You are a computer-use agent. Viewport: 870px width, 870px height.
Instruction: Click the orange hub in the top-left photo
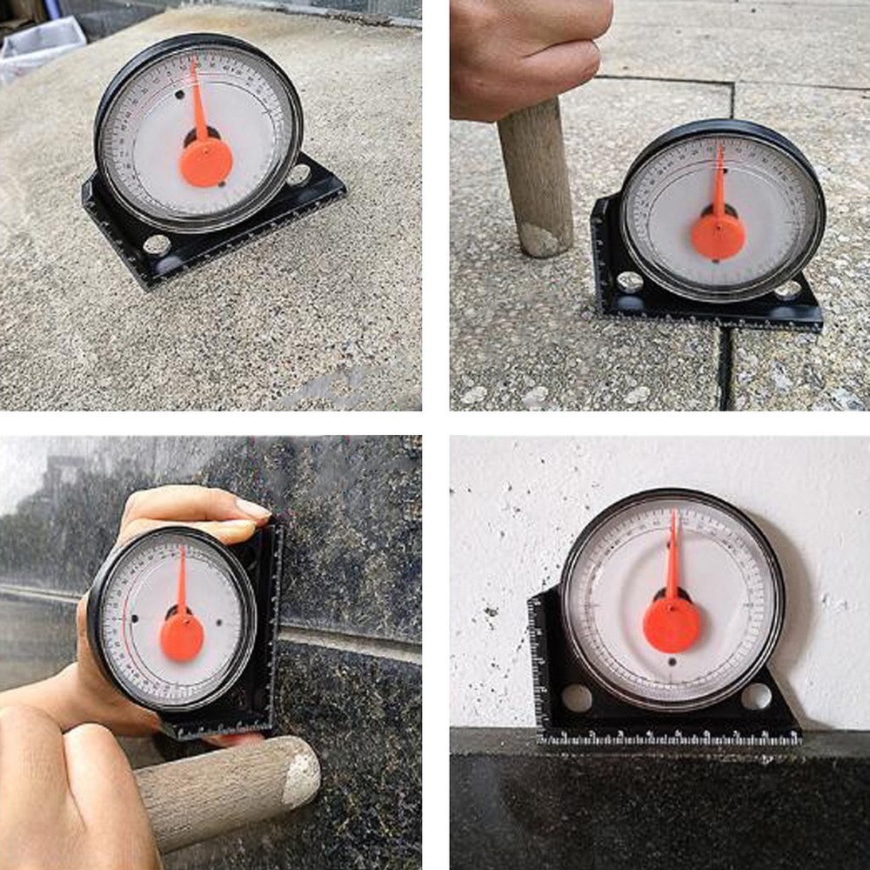pos(206,162)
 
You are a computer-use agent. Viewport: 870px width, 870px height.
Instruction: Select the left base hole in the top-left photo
pos(157,244)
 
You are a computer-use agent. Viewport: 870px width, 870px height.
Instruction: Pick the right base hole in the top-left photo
pos(298,175)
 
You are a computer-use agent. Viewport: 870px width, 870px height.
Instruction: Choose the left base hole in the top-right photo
pos(630,282)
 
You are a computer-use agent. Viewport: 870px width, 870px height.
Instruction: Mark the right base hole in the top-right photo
pos(788,290)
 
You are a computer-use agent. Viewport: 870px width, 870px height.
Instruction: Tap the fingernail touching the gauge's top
pos(252,510)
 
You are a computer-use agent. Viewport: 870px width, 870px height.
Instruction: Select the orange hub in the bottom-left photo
pos(182,636)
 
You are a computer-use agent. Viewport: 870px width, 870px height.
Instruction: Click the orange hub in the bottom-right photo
pos(671,624)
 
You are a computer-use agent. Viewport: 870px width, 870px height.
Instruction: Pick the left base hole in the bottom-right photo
pos(576,698)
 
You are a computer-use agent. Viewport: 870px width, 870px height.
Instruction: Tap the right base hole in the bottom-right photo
pos(755,696)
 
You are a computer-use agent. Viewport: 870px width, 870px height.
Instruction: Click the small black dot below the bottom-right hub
pos(672,662)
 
